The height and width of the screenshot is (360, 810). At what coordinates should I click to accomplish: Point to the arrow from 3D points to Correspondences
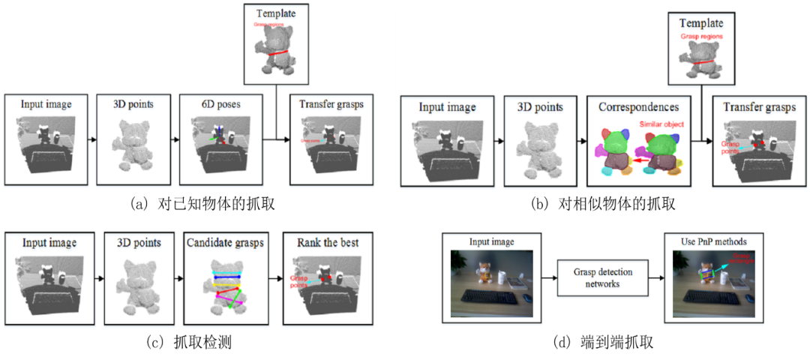pos(580,140)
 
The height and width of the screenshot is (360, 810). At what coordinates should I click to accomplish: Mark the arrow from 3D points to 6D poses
pos(173,139)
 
